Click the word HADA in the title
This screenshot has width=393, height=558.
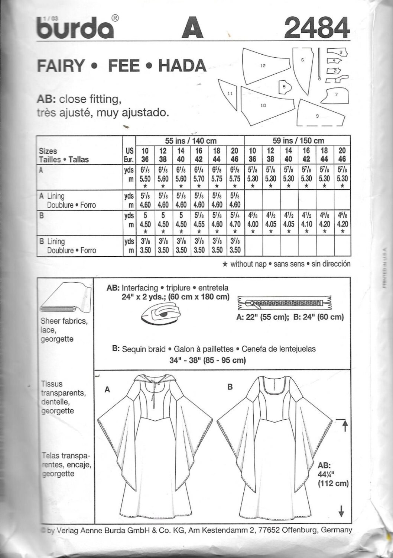[x=182, y=66]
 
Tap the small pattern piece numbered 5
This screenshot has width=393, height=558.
[x=284, y=87]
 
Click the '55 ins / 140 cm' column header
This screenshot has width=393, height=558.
[x=190, y=141]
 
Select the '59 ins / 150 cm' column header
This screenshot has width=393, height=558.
[x=298, y=141]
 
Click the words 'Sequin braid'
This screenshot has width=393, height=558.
[x=143, y=349]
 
